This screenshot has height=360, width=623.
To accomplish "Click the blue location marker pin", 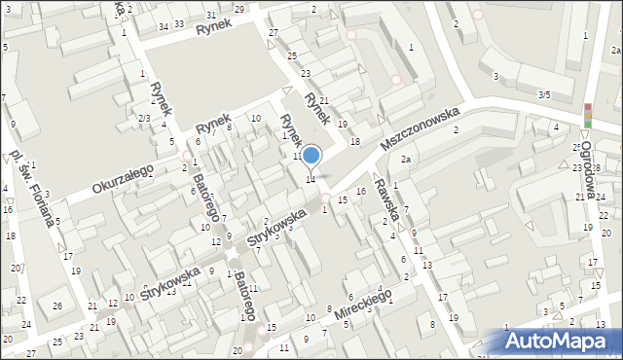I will point(311,156).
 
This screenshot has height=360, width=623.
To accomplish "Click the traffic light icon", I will point(587,115).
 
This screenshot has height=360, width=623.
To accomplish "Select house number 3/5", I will point(544,94).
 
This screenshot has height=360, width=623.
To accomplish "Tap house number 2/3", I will point(143,118).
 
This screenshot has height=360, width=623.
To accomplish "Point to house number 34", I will point(164,26).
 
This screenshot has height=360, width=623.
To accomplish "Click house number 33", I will point(179,23).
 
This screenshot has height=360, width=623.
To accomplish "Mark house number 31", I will point(211,16).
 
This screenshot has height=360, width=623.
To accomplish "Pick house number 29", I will point(238,9).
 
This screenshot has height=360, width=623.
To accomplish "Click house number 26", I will point(57,307).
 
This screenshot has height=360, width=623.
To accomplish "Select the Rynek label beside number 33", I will point(209,29).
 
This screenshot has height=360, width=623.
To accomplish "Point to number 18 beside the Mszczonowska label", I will point(355,142).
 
